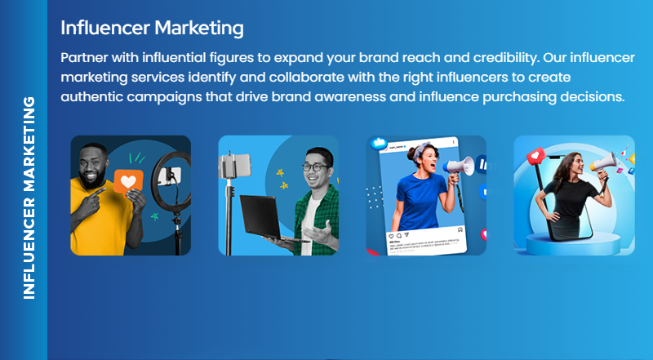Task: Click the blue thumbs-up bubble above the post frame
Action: (379, 143)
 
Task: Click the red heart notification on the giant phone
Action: (538, 154)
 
